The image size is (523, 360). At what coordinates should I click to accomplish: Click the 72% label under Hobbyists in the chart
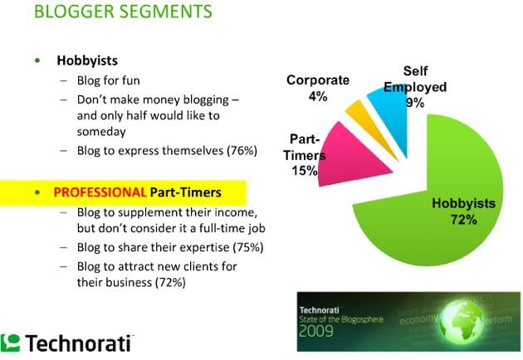pyautogui.click(x=464, y=220)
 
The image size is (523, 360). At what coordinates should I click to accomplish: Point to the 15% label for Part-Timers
pyautogui.click(x=305, y=171)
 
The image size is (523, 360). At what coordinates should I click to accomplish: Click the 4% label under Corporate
pyautogui.click(x=318, y=96)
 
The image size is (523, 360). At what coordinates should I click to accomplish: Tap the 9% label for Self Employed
pyautogui.click(x=415, y=102)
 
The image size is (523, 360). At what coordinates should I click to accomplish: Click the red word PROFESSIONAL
pyautogui.click(x=100, y=192)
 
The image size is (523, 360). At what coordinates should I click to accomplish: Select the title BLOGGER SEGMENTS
pyautogui.click(x=123, y=12)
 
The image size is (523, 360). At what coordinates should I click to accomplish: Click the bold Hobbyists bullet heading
pyautogui.click(x=87, y=61)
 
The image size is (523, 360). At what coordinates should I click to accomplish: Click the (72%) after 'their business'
pyautogui.click(x=170, y=282)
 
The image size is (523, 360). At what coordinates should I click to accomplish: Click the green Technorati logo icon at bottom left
pyautogui.click(x=10, y=343)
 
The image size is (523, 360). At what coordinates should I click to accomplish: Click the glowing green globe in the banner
pyautogui.click(x=462, y=321)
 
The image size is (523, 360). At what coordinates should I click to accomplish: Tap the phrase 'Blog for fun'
pyautogui.click(x=109, y=80)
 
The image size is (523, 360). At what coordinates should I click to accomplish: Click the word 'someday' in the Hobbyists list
pyautogui.click(x=101, y=132)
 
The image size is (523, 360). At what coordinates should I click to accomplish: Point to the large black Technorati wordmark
pyautogui.click(x=78, y=343)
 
